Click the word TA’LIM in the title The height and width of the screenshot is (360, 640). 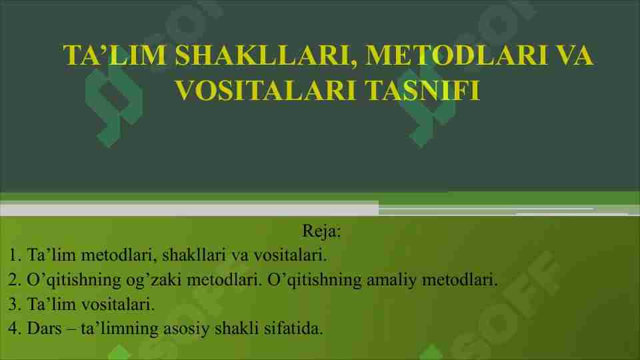113,56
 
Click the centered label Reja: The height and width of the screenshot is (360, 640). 321,232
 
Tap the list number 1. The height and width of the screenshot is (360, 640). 14,255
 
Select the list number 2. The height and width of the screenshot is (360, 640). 14,279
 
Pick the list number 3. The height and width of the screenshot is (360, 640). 14,304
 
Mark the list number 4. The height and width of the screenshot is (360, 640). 14,329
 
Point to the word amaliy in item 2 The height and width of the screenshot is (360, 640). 391,279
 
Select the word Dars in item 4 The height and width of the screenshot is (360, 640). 41,329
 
